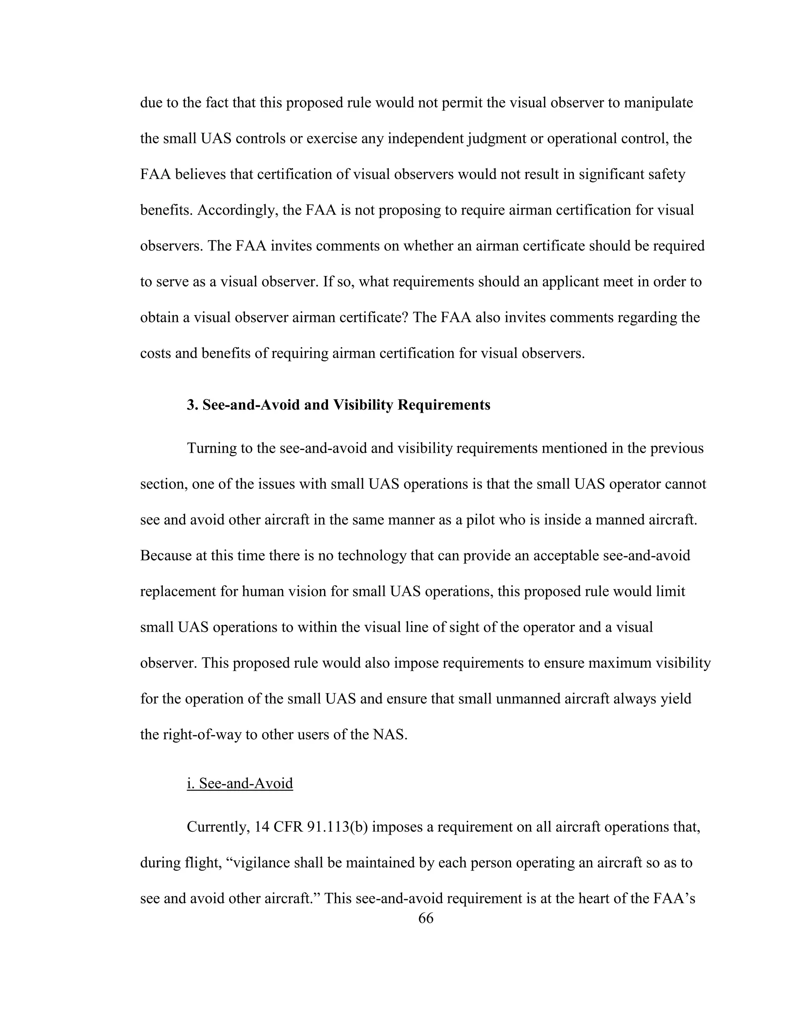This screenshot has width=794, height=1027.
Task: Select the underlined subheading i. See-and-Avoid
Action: pos(240,783)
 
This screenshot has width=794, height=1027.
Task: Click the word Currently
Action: pos(218,827)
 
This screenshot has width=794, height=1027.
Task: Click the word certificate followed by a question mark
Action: pos(374,317)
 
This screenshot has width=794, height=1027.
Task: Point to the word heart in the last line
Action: pos(595,898)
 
